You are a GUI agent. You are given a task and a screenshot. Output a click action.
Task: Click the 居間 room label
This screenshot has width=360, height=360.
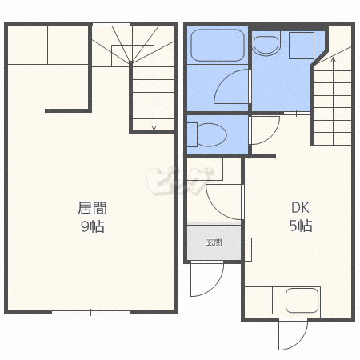click(92, 208)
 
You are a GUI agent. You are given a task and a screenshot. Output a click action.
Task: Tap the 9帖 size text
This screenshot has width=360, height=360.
click(92, 226)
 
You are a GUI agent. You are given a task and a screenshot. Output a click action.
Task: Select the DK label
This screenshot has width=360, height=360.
click(300, 207)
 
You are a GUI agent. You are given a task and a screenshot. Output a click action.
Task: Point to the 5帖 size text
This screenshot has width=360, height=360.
click(301, 226)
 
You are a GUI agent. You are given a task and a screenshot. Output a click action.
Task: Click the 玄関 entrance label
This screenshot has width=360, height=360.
click(214, 242)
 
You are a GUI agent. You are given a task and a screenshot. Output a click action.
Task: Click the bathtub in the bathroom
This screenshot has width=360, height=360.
click(218, 46)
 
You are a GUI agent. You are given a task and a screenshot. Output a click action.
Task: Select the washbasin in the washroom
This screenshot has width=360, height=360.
click(266, 43)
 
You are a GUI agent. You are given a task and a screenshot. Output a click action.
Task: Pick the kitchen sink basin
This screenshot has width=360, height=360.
click(302, 301)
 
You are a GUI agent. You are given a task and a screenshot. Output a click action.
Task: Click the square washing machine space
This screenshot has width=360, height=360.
click(302, 46)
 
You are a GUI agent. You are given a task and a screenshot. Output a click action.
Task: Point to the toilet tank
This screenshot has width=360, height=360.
click(192, 134)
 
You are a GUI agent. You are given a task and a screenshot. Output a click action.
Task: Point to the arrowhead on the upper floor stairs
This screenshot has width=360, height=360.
click(154, 128)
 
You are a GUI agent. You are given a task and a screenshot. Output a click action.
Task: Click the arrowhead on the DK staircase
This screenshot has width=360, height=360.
click(333, 59)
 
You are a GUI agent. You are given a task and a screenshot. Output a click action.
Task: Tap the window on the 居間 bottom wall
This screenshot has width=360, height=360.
click(91, 312)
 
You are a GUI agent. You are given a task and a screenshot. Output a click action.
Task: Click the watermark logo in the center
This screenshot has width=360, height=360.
click(180, 181)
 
